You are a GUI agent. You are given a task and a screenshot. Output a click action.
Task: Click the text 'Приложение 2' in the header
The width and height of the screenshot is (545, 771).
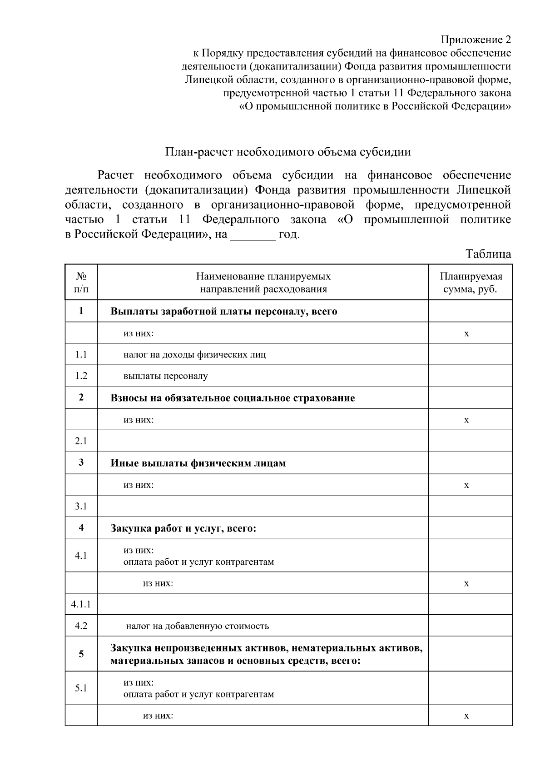click(476, 40)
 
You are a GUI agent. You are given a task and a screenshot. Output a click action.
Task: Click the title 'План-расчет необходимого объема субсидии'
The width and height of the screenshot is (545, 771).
click(288, 152)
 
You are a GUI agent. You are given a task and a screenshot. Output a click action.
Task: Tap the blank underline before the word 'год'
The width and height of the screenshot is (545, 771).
click(253, 235)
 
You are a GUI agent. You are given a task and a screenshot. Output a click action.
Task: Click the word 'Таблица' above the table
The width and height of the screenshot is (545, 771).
click(488, 254)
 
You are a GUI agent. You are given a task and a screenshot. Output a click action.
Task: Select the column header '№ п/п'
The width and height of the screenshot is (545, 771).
click(81, 283)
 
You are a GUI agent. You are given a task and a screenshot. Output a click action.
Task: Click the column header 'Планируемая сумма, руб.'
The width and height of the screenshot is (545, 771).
click(471, 283)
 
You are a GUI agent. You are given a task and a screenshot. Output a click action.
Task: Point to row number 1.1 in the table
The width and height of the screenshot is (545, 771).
click(81, 354)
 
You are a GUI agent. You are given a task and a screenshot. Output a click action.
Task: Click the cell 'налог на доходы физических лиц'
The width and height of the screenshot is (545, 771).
click(195, 354)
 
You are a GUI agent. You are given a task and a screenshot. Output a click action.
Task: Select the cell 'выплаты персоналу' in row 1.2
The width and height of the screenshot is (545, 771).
click(166, 376)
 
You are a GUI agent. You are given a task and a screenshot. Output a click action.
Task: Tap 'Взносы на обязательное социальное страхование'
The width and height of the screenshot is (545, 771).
click(233, 398)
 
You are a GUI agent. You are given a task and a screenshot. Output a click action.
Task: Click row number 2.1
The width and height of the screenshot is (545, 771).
click(81, 441)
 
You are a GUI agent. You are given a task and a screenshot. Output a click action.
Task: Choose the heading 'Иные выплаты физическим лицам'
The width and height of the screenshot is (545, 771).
click(198, 463)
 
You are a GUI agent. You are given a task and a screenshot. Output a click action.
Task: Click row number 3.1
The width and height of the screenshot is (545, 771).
click(81, 506)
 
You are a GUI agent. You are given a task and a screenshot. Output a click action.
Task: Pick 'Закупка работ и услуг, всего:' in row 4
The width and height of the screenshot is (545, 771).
click(183, 528)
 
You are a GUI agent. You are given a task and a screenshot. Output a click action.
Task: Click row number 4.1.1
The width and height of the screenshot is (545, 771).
click(81, 604)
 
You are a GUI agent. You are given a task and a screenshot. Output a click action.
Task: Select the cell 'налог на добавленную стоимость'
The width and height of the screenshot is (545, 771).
click(198, 626)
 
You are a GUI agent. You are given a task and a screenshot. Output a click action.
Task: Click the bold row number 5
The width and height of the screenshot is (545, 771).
click(81, 654)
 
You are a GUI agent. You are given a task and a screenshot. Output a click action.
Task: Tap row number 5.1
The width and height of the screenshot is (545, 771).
click(81, 688)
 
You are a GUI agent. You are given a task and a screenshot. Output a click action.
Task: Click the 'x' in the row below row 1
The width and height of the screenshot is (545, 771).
click(466, 333)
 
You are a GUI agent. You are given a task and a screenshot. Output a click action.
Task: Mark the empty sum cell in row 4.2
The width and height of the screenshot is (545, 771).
click(471, 626)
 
